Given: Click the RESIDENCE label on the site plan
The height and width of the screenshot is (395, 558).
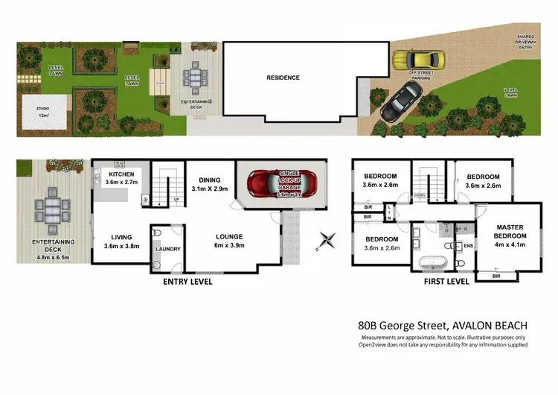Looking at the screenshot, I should coord(283,78).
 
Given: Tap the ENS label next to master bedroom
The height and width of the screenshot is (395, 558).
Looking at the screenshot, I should coord(469,244).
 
